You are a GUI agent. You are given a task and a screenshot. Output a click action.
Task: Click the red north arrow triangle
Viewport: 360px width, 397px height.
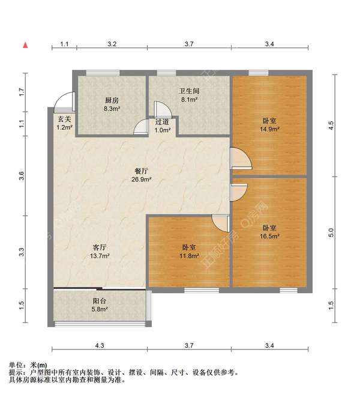[25, 44]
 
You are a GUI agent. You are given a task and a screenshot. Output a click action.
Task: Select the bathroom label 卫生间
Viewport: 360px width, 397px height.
[188, 91]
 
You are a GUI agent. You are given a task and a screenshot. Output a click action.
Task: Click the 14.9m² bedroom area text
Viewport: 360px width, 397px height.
[269, 129]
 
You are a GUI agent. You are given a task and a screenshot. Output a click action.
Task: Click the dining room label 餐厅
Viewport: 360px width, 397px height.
[142, 170]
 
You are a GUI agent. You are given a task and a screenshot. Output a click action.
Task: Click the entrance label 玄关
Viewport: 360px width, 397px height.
[64, 118]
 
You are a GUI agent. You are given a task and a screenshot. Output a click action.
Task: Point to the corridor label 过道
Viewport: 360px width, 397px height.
[163, 121]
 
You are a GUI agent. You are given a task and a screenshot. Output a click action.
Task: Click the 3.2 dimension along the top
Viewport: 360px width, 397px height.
[112, 44]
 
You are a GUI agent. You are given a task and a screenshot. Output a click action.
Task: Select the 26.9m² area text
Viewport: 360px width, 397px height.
[142, 179]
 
